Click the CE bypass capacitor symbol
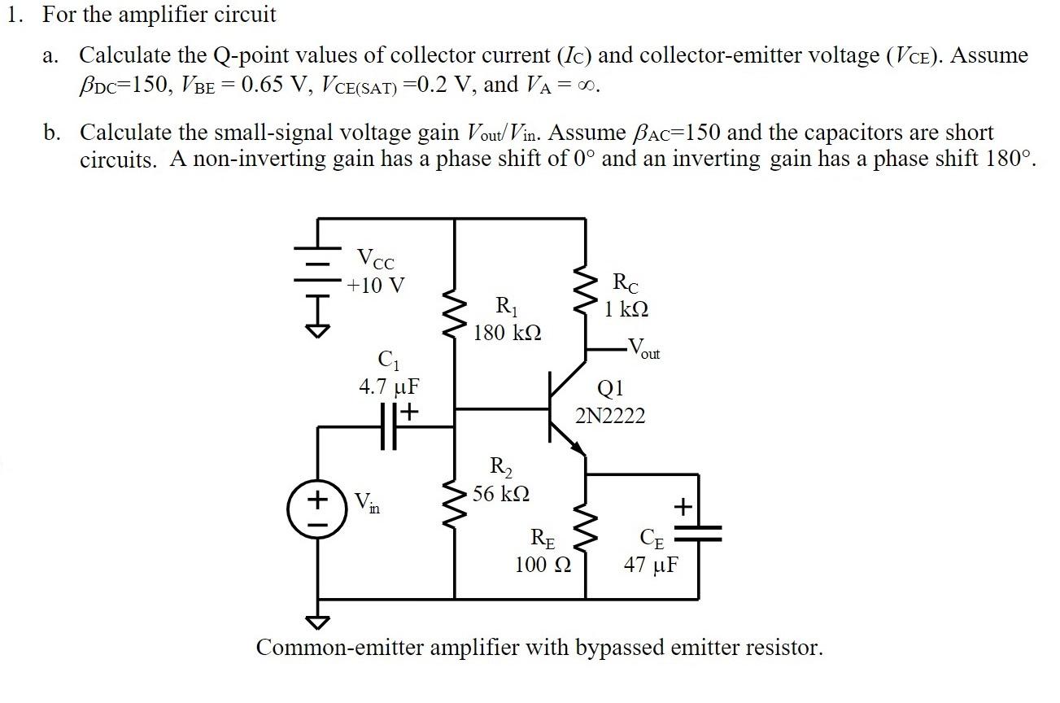(x=698, y=532)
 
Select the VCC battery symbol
(x=317, y=275)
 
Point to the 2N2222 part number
(x=610, y=417)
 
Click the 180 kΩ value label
(x=507, y=333)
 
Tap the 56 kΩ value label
(x=502, y=493)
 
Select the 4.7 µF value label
(x=389, y=386)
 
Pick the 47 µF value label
(x=651, y=565)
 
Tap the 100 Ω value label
(x=543, y=565)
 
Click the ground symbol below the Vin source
(x=317, y=622)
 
